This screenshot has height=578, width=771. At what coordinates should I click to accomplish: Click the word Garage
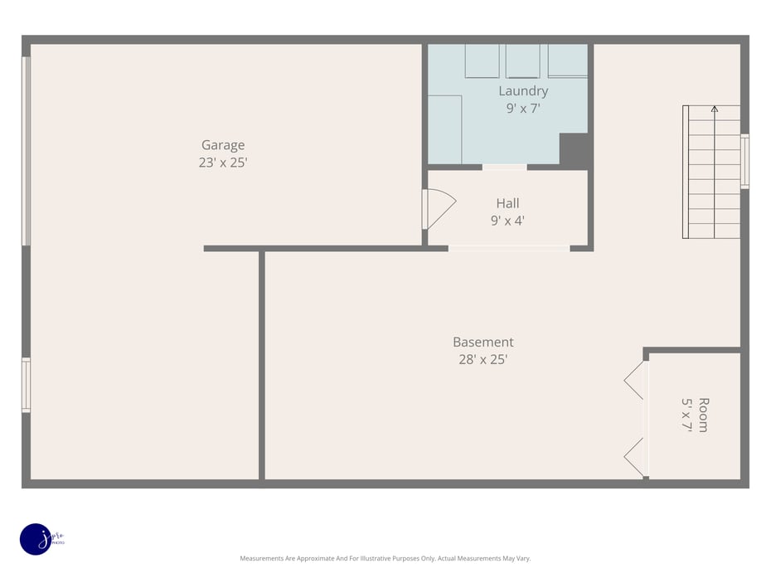click(x=222, y=145)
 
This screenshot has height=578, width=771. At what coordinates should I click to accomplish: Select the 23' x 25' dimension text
click(x=222, y=163)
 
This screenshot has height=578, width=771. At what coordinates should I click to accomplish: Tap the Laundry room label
click(x=522, y=91)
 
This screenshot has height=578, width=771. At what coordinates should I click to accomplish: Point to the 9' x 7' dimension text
click(x=523, y=108)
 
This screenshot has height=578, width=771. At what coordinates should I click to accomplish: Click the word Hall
click(x=507, y=203)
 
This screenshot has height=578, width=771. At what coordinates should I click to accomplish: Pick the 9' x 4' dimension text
click(x=507, y=221)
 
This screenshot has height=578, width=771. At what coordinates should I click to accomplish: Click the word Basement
click(x=482, y=342)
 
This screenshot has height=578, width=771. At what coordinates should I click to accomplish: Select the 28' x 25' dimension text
click(x=482, y=360)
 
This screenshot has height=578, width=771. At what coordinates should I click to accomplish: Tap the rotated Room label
click(x=703, y=415)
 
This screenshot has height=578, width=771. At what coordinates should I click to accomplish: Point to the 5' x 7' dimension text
click(x=686, y=415)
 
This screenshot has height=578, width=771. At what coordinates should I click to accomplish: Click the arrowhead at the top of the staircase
click(x=714, y=109)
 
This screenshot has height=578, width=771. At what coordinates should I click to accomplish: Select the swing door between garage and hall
click(x=438, y=209)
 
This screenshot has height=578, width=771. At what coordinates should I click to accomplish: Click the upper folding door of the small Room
click(x=636, y=380)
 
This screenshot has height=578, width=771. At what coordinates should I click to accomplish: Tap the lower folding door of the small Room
click(x=636, y=457)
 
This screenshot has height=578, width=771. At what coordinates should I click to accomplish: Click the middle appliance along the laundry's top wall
click(x=522, y=61)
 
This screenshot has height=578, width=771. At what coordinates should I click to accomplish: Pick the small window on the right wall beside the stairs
click(x=744, y=162)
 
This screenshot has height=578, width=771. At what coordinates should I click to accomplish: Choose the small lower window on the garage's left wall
click(x=26, y=385)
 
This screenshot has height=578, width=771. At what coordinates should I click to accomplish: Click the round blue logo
click(x=36, y=539)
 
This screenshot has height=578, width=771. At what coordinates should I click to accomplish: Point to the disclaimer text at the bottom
click(x=385, y=559)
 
